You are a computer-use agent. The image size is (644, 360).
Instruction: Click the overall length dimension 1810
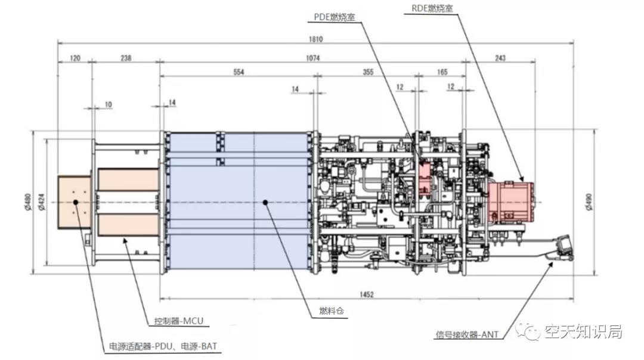(315, 40)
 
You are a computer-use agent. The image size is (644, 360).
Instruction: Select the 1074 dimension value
(312, 58)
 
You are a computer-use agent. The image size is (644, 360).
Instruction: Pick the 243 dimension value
(500, 58)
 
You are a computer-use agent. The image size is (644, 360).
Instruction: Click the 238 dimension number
(126, 58)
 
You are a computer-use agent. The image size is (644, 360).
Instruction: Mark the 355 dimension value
(368, 72)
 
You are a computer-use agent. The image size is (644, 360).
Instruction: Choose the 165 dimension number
(441, 72)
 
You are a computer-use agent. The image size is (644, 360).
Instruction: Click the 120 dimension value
(75, 58)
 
